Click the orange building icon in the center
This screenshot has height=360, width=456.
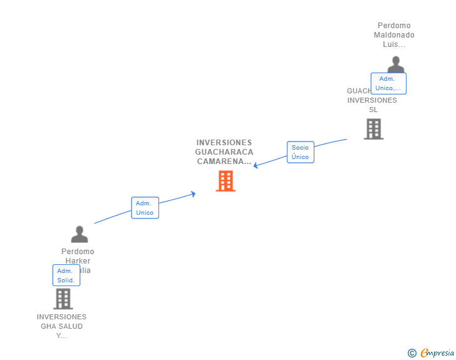[x=225, y=181]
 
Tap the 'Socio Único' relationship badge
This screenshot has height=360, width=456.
[x=300, y=152]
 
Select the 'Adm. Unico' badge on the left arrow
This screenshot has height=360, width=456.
[x=145, y=208]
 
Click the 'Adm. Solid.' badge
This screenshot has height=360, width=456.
[x=66, y=275]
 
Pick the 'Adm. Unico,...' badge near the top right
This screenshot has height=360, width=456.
[x=388, y=83]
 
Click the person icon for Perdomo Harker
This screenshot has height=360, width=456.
[x=80, y=234]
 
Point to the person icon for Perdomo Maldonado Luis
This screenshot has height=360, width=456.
[x=395, y=64]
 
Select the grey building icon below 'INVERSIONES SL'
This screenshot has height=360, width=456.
[x=373, y=129]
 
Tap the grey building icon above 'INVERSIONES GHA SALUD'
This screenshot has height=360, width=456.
[x=63, y=299]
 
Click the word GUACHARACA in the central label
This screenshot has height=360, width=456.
[x=224, y=152]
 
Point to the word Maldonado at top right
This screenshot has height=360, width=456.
[x=394, y=35]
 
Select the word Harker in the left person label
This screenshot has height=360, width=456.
[x=78, y=261]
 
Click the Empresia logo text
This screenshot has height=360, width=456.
[x=437, y=352]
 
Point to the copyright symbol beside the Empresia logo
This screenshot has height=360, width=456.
[x=412, y=353]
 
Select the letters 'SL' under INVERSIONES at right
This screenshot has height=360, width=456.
[x=373, y=110]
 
